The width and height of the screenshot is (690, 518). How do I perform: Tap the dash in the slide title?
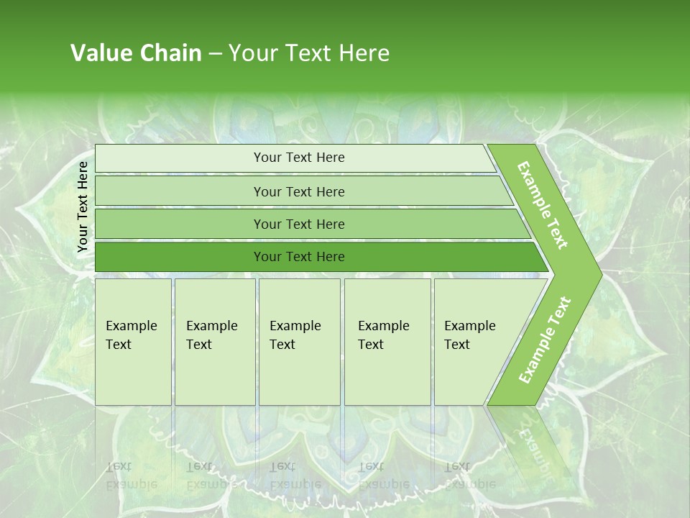coord(215,54)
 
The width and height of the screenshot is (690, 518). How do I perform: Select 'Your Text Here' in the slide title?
coord(309,53)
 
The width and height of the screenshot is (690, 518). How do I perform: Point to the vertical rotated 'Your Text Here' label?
coord(83,206)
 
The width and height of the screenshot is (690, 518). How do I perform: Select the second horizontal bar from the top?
coord(299,191)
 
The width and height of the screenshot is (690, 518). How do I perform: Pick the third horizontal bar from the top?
coord(299,224)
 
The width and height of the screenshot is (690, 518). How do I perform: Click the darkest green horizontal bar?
coord(299,257)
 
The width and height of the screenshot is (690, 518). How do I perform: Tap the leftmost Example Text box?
coord(133,342)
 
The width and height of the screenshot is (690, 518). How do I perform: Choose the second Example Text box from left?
coord(215,342)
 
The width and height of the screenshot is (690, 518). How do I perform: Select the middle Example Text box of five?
coord(299,342)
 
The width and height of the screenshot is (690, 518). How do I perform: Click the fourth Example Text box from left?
coord(387,342)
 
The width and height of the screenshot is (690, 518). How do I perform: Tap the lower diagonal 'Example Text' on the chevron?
coord(545,340)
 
